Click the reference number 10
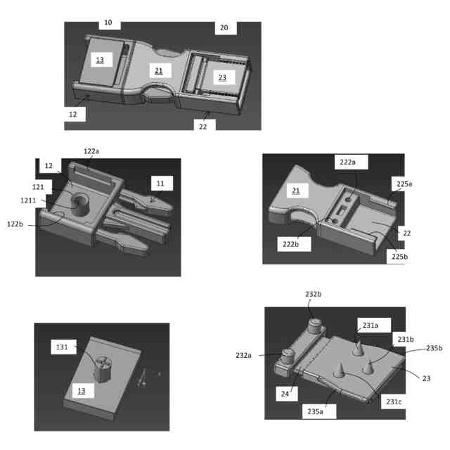(108, 22)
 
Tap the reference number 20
(224, 27)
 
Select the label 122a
(91, 151)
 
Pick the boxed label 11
(160, 184)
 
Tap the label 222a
(348, 162)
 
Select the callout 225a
(404, 184)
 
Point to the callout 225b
(400, 257)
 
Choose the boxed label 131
(63, 347)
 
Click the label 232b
(314, 294)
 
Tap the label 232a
(244, 356)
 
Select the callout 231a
(371, 326)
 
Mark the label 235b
(435, 348)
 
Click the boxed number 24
(285, 394)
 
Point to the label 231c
(393, 402)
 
